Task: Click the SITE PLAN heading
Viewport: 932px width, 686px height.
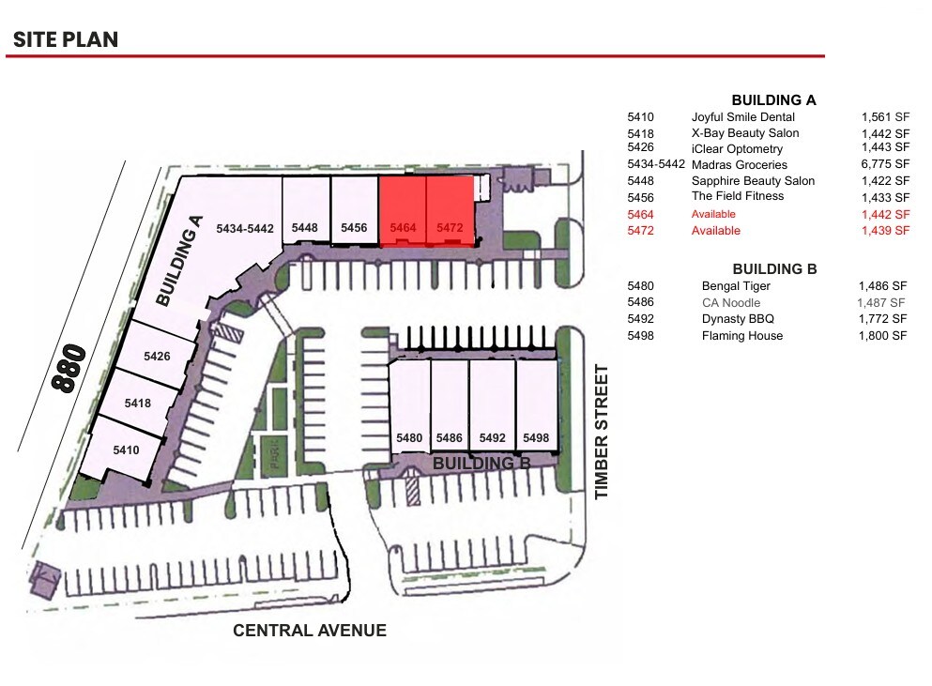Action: click(66, 39)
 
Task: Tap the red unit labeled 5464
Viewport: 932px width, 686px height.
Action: click(403, 212)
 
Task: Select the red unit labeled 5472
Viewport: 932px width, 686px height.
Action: click(451, 212)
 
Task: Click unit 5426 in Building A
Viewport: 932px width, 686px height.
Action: click(157, 357)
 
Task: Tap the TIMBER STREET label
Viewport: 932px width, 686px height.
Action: click(602, 432)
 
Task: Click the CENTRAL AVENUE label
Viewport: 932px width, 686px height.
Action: click(310, 631)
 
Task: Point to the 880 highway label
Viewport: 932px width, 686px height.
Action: click(69, 369)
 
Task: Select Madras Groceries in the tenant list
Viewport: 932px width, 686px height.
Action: click(740, 165)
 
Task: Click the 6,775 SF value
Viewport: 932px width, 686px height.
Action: click(885, 165)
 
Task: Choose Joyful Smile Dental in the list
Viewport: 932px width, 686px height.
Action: click(742, 117)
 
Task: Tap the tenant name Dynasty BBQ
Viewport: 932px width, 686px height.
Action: click(738, 319)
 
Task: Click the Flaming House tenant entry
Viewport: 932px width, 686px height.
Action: click(741, 336)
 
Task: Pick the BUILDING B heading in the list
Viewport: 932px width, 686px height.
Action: click(774, 268)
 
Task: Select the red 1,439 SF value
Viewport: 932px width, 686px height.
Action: click(885, 231)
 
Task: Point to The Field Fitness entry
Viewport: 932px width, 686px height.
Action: click(738, 196)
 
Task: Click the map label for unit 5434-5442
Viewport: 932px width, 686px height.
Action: click(244, 228)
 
